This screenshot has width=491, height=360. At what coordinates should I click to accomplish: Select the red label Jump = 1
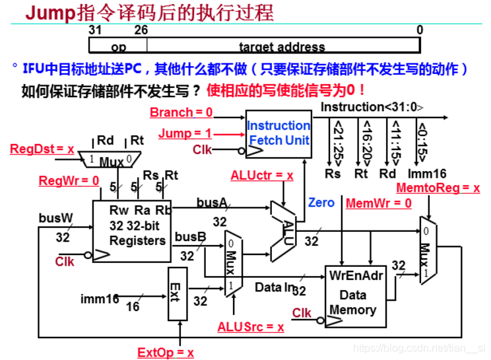point(185,133)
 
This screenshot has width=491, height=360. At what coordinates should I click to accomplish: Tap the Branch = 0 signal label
point(181,112)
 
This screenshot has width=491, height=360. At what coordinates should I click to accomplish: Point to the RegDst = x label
point(42,149)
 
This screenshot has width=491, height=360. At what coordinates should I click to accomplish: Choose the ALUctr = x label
point(261,176)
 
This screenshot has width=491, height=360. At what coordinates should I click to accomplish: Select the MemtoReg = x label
point(438,188)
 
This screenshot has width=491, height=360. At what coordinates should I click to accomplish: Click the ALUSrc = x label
point(251,326)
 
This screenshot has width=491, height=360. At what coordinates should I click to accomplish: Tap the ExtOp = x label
point(166,352)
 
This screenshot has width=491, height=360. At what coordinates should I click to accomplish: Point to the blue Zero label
point(321,203)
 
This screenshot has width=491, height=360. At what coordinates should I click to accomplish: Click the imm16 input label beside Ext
point(100,299)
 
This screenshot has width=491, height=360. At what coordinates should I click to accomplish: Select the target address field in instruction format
point(282,47)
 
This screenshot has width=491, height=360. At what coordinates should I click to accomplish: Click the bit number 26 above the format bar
point(141,30)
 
